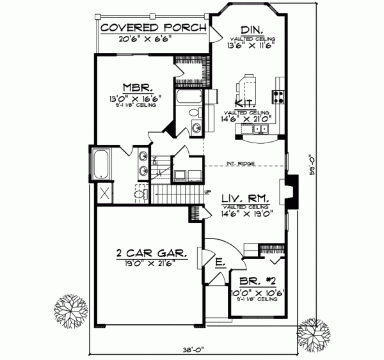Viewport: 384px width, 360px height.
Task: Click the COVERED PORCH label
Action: point(152,27)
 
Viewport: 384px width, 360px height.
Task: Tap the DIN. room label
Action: point(250,31)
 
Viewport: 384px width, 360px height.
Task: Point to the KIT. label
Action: point(245,104)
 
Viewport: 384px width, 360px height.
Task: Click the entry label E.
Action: point(220,262)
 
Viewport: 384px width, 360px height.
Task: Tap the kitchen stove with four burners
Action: point(279,97)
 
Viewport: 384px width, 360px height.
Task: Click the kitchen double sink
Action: point(261,129)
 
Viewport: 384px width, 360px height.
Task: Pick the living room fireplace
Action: point(292,192)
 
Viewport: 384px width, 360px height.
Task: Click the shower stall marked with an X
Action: point(103,191)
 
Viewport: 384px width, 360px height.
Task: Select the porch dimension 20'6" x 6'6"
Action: point(145,39)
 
